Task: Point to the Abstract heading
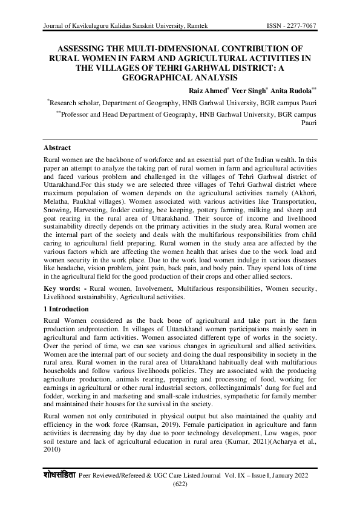(57, 148)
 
